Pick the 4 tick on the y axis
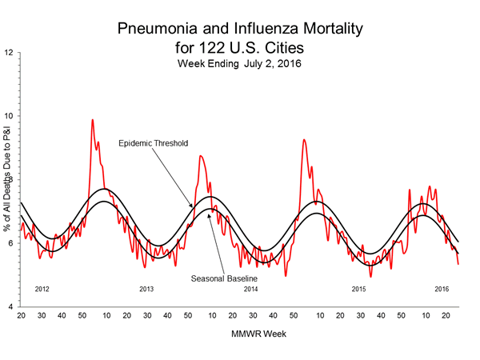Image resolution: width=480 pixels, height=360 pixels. pyautogui.click(x=11, y=307)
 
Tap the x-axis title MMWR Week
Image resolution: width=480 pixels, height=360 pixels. pyautogui.click(x=239, y=331)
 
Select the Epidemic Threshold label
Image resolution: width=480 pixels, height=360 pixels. pyautogui.click(x=153, y=143)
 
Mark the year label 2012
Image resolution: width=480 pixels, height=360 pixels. pyautogui.click(x=45, y=287)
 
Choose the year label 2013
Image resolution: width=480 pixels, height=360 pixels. pyautogui.click(x=146, y=287)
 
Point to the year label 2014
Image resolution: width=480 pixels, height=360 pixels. pyautogui.click(x=251, y=287)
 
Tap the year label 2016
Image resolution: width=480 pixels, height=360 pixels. pyautogui.click(x=442, y=287)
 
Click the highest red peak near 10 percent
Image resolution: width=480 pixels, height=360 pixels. pyautogui.click(x=92, y=120)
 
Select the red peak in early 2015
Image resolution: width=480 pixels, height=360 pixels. pyautogui.click(x=303, y=140)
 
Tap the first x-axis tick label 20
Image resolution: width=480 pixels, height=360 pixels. pyautogui.click(x=20, y=317)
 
